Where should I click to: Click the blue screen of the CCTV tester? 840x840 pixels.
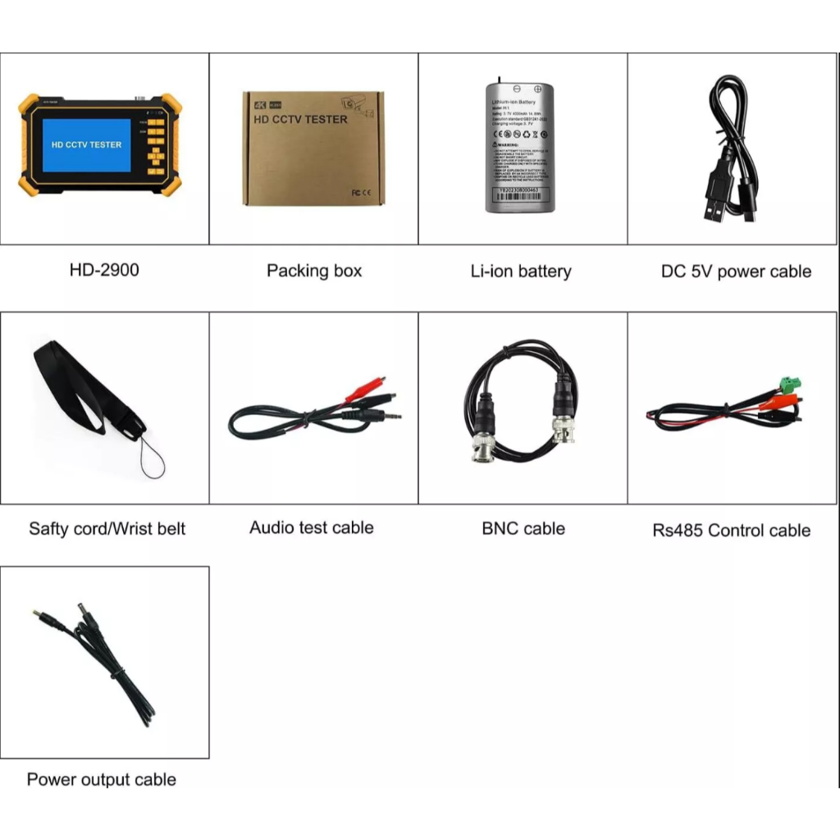click(86, 144)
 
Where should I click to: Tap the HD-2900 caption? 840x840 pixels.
click(104, 270)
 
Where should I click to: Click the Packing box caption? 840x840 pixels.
click(314, 271)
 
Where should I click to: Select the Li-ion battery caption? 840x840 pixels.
click(521, 272)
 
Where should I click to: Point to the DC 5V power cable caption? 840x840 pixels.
click(736, 272)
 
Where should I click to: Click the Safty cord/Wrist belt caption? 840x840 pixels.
click(107, 528)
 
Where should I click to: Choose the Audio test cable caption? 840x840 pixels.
click(312, 527)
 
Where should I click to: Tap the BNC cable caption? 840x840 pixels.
click(523, 528)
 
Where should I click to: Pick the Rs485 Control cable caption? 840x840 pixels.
click(732, 530)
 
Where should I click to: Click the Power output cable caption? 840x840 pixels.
click(102, 779)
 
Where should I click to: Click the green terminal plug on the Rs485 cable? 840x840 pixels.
click(790, 383)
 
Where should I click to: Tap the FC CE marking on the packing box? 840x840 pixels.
click(361, 192)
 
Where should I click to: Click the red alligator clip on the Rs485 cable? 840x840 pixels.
click(779, 401)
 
